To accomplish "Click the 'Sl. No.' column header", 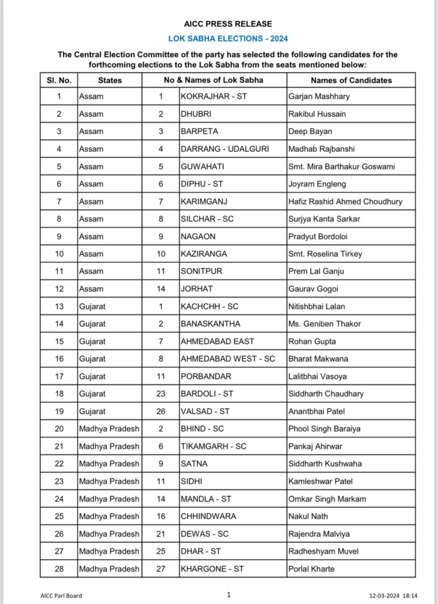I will point(58,80).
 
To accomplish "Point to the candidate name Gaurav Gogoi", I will point(313,289).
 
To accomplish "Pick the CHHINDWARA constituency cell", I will point(208,516).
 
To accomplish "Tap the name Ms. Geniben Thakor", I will point(324,324).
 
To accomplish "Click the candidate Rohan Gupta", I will point(312,342).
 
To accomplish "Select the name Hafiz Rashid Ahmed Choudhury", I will point(345,201).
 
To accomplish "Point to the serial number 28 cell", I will point(58,569).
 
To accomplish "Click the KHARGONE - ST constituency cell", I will point(212,569).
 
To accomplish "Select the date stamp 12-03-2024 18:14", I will point(393,596).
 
